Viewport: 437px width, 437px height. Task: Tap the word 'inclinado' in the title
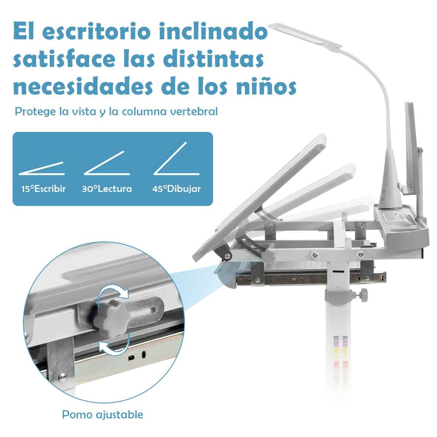[213, 32]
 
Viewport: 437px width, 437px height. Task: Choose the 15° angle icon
[42, 168]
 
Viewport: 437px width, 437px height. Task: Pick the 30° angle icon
[107, 163]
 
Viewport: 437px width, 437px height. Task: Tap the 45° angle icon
[176, 158]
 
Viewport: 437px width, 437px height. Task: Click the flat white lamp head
[305, 35]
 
